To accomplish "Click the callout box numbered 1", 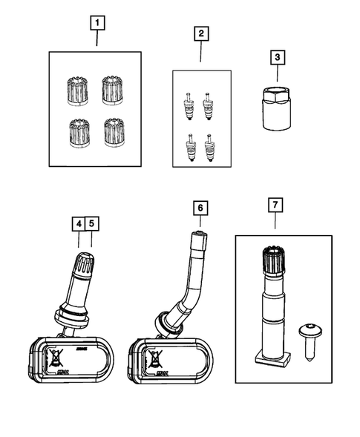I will coord(96,22).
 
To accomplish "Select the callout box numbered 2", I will coord(200,33).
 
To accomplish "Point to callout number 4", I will coord(79,223).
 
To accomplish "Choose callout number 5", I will coord(91,223).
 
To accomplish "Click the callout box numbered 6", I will coord(199,208).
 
